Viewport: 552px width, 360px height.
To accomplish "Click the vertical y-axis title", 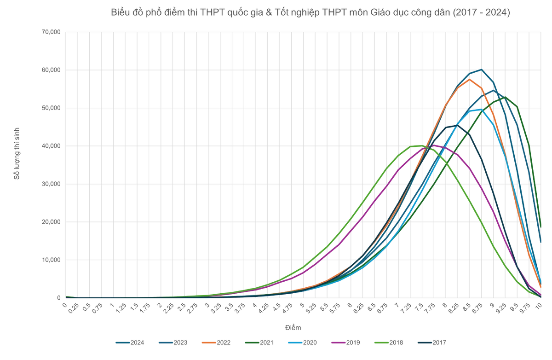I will click(x=17, y=152).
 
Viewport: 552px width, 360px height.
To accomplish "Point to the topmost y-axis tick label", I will click(x=51, y=31).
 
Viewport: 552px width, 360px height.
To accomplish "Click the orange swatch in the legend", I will click(x=208, y=343).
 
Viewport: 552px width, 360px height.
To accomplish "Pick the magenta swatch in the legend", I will click(x=337, y=343).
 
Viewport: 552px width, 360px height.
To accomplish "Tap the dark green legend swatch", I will click(x=251, y=343).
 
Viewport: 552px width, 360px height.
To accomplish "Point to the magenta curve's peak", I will click(x=435, y=145).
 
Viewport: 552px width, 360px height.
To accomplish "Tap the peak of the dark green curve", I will click(x=506, y=97).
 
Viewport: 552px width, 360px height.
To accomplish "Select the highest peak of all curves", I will click(x=480, y=69).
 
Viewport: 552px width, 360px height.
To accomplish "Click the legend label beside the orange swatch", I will click(x=224, y=343).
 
